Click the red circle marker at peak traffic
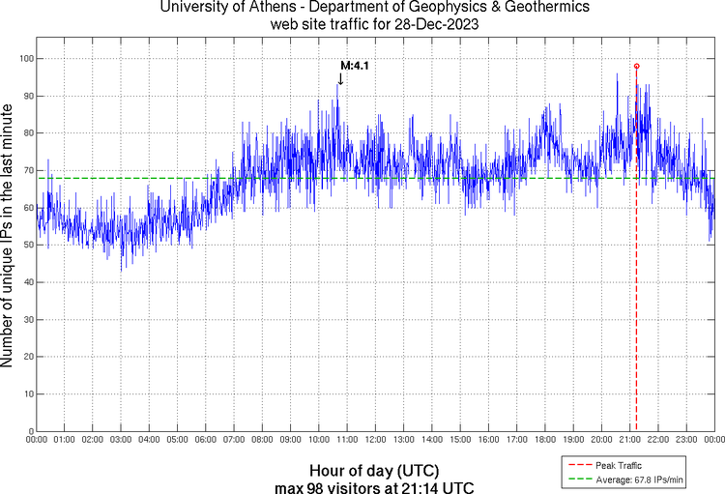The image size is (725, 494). coord(636,66)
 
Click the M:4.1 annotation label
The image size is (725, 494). coord(355,66)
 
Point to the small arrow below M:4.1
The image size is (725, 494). coord(340,79)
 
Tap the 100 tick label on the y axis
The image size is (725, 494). coord(25,59)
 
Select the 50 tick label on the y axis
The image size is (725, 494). coord(27,245)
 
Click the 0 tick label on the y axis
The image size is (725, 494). coord(30,431)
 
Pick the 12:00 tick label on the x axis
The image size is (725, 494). coord(373,441)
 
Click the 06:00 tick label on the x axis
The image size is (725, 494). coord(205,441)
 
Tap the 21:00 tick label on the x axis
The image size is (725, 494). coord(627,441)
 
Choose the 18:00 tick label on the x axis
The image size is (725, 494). coord(543,441)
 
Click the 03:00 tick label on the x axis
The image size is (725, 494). coord(121,441)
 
